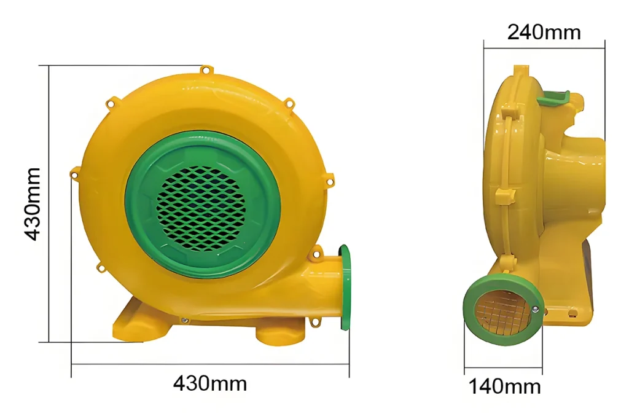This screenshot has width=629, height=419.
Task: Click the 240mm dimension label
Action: click(544, 32)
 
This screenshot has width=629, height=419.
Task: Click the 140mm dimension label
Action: click(505, 386)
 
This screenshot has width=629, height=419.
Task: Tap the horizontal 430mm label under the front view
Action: click(210, 383)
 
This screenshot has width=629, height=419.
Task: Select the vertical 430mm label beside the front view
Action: click(33, 205)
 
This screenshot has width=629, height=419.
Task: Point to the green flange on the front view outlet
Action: click(345, 288)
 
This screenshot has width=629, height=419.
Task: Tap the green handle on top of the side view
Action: click(555, 98)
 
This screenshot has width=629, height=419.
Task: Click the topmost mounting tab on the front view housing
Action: click(206, 71)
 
